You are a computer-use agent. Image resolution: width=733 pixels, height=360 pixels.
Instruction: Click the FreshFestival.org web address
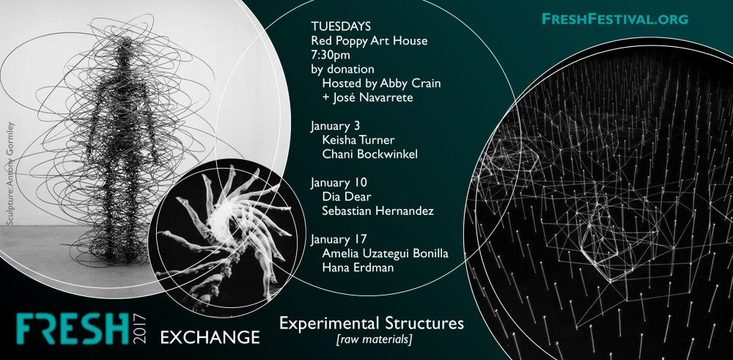(615, 19)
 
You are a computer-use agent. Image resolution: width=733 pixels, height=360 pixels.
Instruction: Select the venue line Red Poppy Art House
(369, 41)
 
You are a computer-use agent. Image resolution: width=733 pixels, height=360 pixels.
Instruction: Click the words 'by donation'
(342, 69)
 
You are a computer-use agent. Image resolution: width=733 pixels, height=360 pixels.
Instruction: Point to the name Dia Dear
(347, 196)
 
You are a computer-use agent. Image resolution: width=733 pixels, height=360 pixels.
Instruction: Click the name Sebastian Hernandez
(378, 211)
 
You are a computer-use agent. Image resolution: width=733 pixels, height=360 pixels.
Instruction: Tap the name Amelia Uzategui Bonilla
(386, 254)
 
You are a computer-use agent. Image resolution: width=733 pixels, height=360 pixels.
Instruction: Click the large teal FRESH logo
(73, 329)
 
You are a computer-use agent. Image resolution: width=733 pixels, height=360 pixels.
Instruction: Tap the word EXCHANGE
(210, 337)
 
